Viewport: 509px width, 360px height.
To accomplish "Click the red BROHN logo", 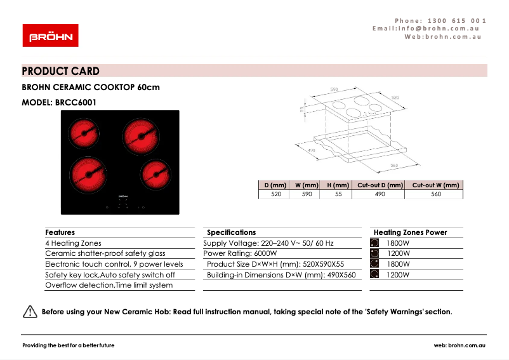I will tap(50, 36).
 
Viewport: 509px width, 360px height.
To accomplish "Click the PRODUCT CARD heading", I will tap(61, 71).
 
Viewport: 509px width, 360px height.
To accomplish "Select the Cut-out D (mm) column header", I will tap(380, 185).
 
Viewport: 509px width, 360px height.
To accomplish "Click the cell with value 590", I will tap(307, 194).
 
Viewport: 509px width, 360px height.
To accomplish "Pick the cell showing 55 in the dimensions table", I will tap(338, 194).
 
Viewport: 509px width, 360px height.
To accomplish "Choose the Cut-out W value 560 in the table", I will tap(435, 194).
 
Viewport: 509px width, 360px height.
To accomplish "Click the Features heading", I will tap(60, 232).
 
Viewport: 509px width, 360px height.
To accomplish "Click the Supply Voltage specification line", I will tap(268, 243).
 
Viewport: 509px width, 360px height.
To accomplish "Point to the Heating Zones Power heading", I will tap(410, 232).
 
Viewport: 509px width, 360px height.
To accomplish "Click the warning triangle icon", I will tap(30, 312).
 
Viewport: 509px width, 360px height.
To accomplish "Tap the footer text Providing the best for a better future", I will tap(69, 345).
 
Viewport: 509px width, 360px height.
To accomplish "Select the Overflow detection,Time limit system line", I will tap(109, 285).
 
